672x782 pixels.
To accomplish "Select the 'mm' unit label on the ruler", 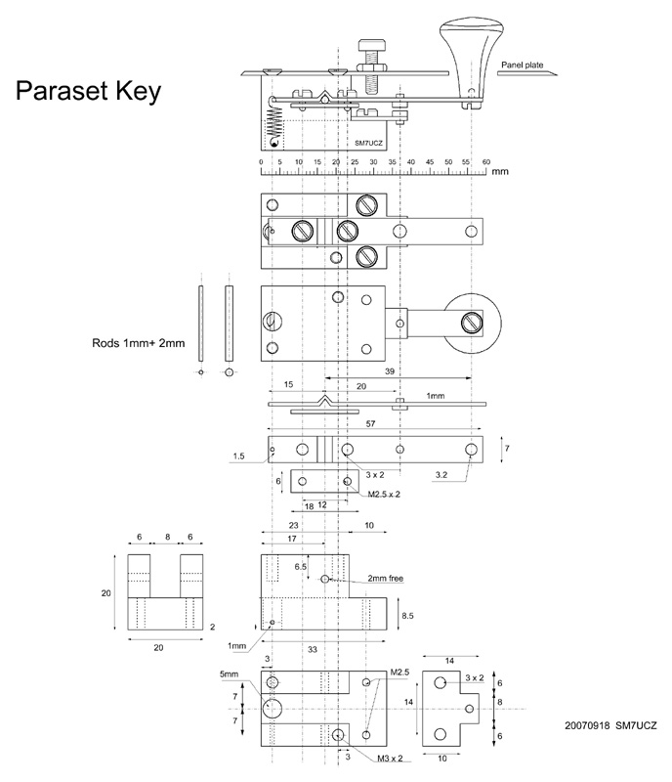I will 500,171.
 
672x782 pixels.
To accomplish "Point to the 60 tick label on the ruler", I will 485,161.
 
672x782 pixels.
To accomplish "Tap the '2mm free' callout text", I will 385,579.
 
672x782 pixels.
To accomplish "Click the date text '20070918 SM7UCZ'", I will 610,726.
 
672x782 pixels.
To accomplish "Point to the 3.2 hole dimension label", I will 442,474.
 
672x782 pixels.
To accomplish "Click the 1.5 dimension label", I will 238,456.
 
